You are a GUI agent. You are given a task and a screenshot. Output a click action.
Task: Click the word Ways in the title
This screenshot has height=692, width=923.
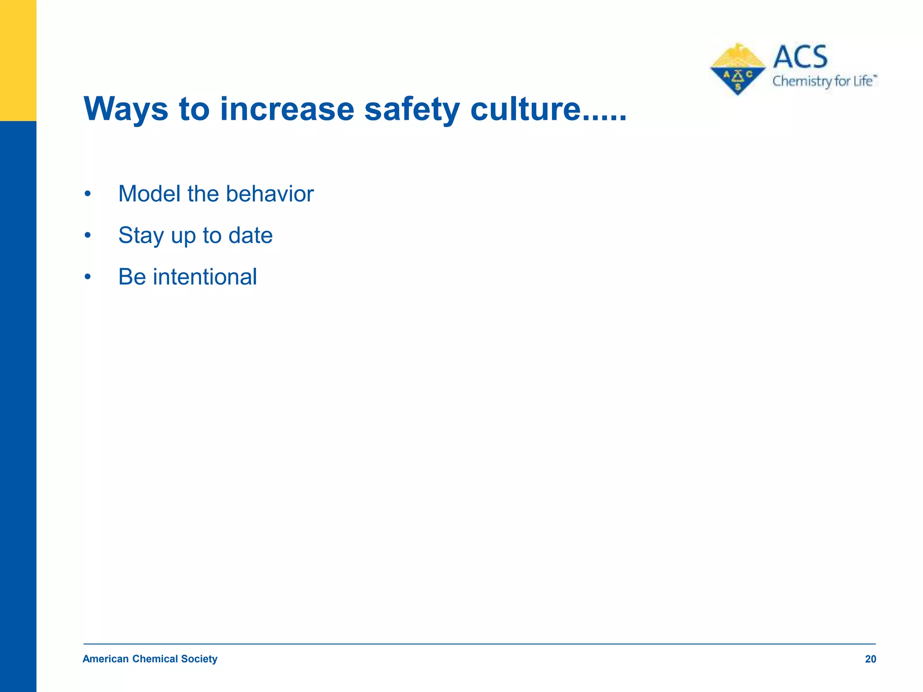pyautogui.click(x=126, y=109)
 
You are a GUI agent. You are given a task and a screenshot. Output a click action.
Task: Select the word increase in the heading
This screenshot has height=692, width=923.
pyautogui.click(x=287, y=109)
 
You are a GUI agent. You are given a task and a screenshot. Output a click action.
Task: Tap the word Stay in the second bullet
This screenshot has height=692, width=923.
pyautogui.click(x=141, y=236)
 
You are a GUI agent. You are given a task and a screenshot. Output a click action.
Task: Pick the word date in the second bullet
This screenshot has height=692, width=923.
pyautogui.click(x=250, y=236)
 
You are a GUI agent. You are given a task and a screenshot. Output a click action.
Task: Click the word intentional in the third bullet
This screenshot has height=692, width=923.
pyautogui.click(x=205, y=277)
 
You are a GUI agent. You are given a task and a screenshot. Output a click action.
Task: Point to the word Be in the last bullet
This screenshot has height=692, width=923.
pyautogui.click(x=132, y=277)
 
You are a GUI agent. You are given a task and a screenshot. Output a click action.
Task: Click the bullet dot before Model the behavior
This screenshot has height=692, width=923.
pyautogui.click(x=88, y=195)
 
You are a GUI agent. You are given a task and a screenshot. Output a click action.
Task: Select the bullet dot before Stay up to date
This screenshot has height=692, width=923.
pyautogui.click(x=88, y=236)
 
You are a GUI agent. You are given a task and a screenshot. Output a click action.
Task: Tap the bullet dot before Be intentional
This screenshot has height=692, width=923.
pyautogui.click(x=88, y=277)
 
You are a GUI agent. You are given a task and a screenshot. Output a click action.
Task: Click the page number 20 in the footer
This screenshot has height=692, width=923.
pyautogui.click(x=870, y=659)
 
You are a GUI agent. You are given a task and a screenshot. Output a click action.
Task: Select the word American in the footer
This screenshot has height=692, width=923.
pyautogui.click(x=105, y=659)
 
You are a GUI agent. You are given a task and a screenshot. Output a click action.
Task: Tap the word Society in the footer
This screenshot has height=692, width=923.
pyautogui.click(x=199, y=659)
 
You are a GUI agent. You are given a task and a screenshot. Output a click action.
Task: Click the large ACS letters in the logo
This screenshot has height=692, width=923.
pyautogui.click(x=800, y=57)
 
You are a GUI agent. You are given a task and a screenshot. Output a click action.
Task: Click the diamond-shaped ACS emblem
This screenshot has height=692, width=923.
pyautogui.click(x=737, y=70)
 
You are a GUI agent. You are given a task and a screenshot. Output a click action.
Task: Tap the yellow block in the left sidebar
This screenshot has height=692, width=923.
pyautogui.click(x=18, y=60)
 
